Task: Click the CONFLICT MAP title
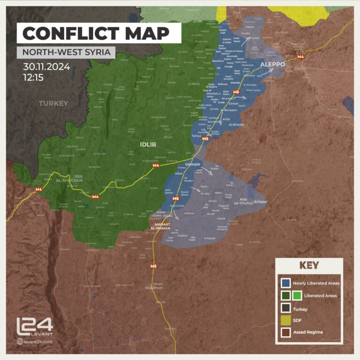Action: click(96, 33)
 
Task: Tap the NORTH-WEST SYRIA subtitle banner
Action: click(66, 52)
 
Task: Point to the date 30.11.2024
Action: click(46, 67)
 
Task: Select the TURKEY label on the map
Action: click(53, 103)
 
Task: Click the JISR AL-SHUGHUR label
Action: click(69, 178)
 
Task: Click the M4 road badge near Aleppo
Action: click(300, 57)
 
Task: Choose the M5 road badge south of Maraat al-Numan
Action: click(153, 266)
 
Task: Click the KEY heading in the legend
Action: click(309, 266)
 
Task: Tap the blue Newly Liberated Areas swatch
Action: click(285, 283)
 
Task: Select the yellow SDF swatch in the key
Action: click(285, 320)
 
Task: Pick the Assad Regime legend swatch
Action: click(285, 332)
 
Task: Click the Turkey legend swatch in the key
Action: click(285, 308)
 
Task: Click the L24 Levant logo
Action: click(35, 327)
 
